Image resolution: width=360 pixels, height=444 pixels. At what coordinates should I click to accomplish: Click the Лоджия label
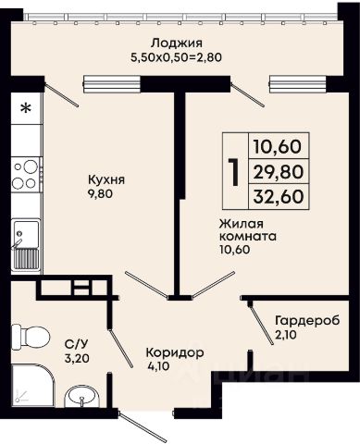pos(177,43)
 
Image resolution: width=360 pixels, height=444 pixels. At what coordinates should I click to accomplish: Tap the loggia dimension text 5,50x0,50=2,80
pos(177,57)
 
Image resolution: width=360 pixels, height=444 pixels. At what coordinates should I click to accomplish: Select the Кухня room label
pos(106,179)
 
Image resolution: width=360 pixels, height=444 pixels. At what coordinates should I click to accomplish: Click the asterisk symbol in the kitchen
pos(26,108)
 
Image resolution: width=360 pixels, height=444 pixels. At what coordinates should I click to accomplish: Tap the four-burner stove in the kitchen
pos(26,175)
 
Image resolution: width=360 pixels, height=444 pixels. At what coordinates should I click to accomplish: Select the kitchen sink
pos(26,245)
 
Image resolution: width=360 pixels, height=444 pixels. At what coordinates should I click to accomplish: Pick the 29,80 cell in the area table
pos(279,172)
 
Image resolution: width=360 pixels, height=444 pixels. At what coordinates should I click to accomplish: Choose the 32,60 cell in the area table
pos(279,196)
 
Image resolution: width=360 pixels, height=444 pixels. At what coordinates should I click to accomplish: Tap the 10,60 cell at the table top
pos(277,146)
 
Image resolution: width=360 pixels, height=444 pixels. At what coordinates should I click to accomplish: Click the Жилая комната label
pos(247,230)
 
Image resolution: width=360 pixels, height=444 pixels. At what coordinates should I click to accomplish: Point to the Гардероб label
pos(307,320)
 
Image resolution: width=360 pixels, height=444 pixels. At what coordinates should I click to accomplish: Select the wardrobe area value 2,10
pos(286,335)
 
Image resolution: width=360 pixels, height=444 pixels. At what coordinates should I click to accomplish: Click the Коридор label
pos(175,352)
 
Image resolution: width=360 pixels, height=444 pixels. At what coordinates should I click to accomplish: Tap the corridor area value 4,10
pos(158,366)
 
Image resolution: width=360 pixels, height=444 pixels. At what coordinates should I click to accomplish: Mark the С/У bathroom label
pos(74,343)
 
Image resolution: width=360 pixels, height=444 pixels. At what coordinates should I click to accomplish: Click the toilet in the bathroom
pos(31,337)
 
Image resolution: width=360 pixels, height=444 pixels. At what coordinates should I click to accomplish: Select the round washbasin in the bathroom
pos(81,397)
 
